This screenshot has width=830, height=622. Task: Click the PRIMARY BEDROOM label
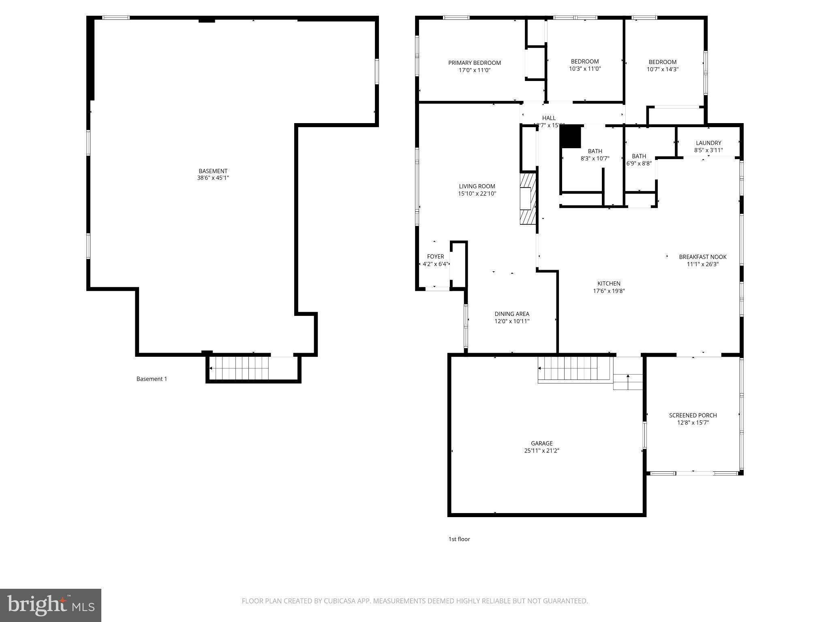(474, 63)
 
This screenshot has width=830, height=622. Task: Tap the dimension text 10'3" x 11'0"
(584, 69)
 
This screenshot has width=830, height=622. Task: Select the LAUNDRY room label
(708, 143)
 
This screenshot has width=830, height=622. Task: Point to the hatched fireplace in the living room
(528, 198)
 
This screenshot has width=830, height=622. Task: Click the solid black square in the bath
(571, 137)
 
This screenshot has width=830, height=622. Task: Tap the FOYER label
(435, 257)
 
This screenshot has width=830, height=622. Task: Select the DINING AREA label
(511, 314)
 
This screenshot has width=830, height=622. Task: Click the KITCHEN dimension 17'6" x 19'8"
(609, 291)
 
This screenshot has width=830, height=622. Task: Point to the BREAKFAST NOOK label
(702, 257)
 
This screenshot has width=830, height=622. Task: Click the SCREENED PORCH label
(693, 415)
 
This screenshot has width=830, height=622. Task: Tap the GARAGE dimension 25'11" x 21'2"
(541, 451)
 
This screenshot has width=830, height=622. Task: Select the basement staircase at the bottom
(240, 368)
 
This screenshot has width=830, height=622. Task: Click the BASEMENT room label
(213, 171)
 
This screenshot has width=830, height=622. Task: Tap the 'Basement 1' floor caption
(152, 379)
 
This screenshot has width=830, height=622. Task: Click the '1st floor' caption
(459, 539)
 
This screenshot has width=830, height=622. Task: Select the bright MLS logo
(50, 605)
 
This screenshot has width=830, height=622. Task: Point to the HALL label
(549, 118)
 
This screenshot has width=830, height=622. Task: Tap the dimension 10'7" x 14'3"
(662, 69)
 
